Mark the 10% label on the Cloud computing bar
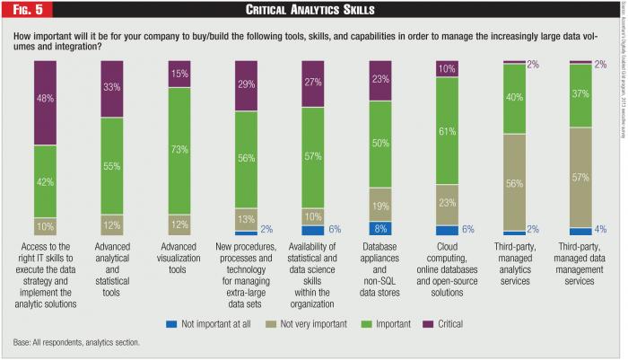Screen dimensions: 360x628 447,68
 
